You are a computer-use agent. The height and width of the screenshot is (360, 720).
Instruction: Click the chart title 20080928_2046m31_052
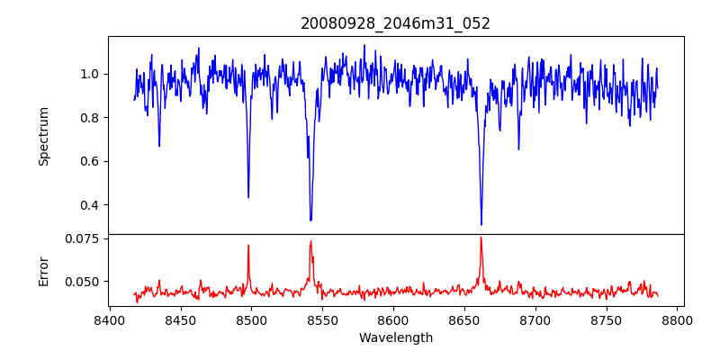(395, 23)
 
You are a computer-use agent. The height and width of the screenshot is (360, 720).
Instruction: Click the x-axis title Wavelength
(395, 337)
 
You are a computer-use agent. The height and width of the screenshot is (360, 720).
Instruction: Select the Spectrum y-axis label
(43, 136)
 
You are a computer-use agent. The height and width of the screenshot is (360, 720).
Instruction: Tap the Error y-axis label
(43, 271)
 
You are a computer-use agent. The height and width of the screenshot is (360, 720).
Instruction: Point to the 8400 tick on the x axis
(109, 319)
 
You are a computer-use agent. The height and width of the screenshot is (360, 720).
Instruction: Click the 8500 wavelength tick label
(251, 319)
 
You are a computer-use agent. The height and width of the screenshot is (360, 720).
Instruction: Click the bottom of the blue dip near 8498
(248, 197)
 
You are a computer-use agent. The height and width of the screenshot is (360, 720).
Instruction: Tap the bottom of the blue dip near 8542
(310, 220)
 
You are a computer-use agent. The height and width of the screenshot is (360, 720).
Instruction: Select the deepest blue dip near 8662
(481, 224)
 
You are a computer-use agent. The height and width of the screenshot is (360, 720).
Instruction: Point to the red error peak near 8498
(248, 245)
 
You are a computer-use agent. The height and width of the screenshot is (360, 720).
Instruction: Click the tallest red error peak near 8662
(481, 238)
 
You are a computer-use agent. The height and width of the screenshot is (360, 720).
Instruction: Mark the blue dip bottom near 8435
(159, 146)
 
